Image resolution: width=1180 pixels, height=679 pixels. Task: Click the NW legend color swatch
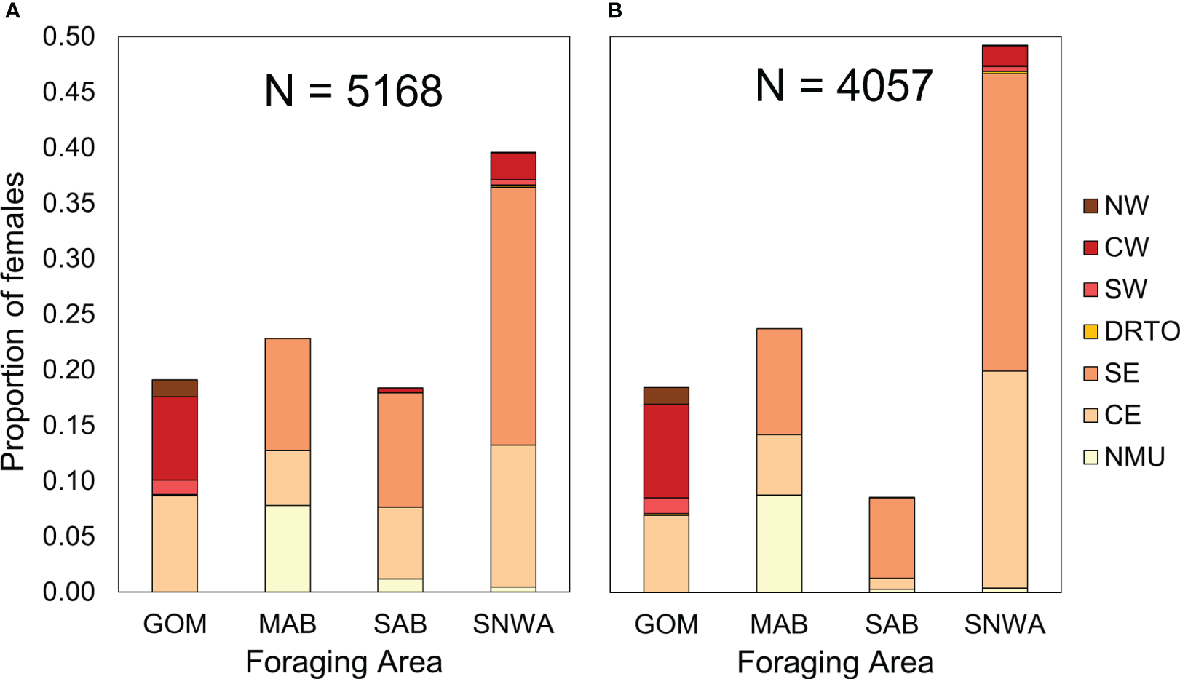pyautogui.click(x=1090, y=206)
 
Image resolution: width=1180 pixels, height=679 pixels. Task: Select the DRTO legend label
pyautogui.click(x=1141, y=331)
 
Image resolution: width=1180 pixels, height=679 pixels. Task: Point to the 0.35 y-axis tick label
pyautogui.click(x=68, y=203)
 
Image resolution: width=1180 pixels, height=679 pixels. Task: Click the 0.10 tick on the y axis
pyautogui.click(x=68, y=481)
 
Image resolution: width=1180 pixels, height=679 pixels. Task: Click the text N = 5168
pyautogui.click(x=353, y=91)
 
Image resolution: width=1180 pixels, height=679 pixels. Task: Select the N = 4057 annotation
pyautogui.click(x=844, y=86)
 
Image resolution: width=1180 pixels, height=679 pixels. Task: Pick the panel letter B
pyautogui.click(x=615, y=11)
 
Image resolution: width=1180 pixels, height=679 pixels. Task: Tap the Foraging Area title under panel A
pyautogui.click(x=344, y=662)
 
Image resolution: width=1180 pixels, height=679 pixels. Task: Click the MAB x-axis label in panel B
pyautogui.click(x=779, y=624)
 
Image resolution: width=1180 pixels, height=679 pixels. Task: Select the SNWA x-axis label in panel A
pyautogui.click(x=513, y=624)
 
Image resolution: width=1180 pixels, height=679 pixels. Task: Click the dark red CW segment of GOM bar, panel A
pyautogui.click(x=175, y=438)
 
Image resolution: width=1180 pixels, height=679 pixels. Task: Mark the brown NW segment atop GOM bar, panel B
pyautogui.click(x=666, y=396)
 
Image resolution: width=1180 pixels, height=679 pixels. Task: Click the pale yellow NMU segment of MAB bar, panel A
pyautogui.click(x=288, y=548)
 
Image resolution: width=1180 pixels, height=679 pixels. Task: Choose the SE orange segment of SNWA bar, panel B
pyautogui.click(x=1005, y=222)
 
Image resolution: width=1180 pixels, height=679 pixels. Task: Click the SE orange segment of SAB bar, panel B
pyautogui.click(x=892, y=538)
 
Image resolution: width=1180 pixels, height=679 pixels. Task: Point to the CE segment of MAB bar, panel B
pyautogui.click(x=779, y=464)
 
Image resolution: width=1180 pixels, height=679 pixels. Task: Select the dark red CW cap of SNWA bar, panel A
pyautogui.click(x=513, y=166)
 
